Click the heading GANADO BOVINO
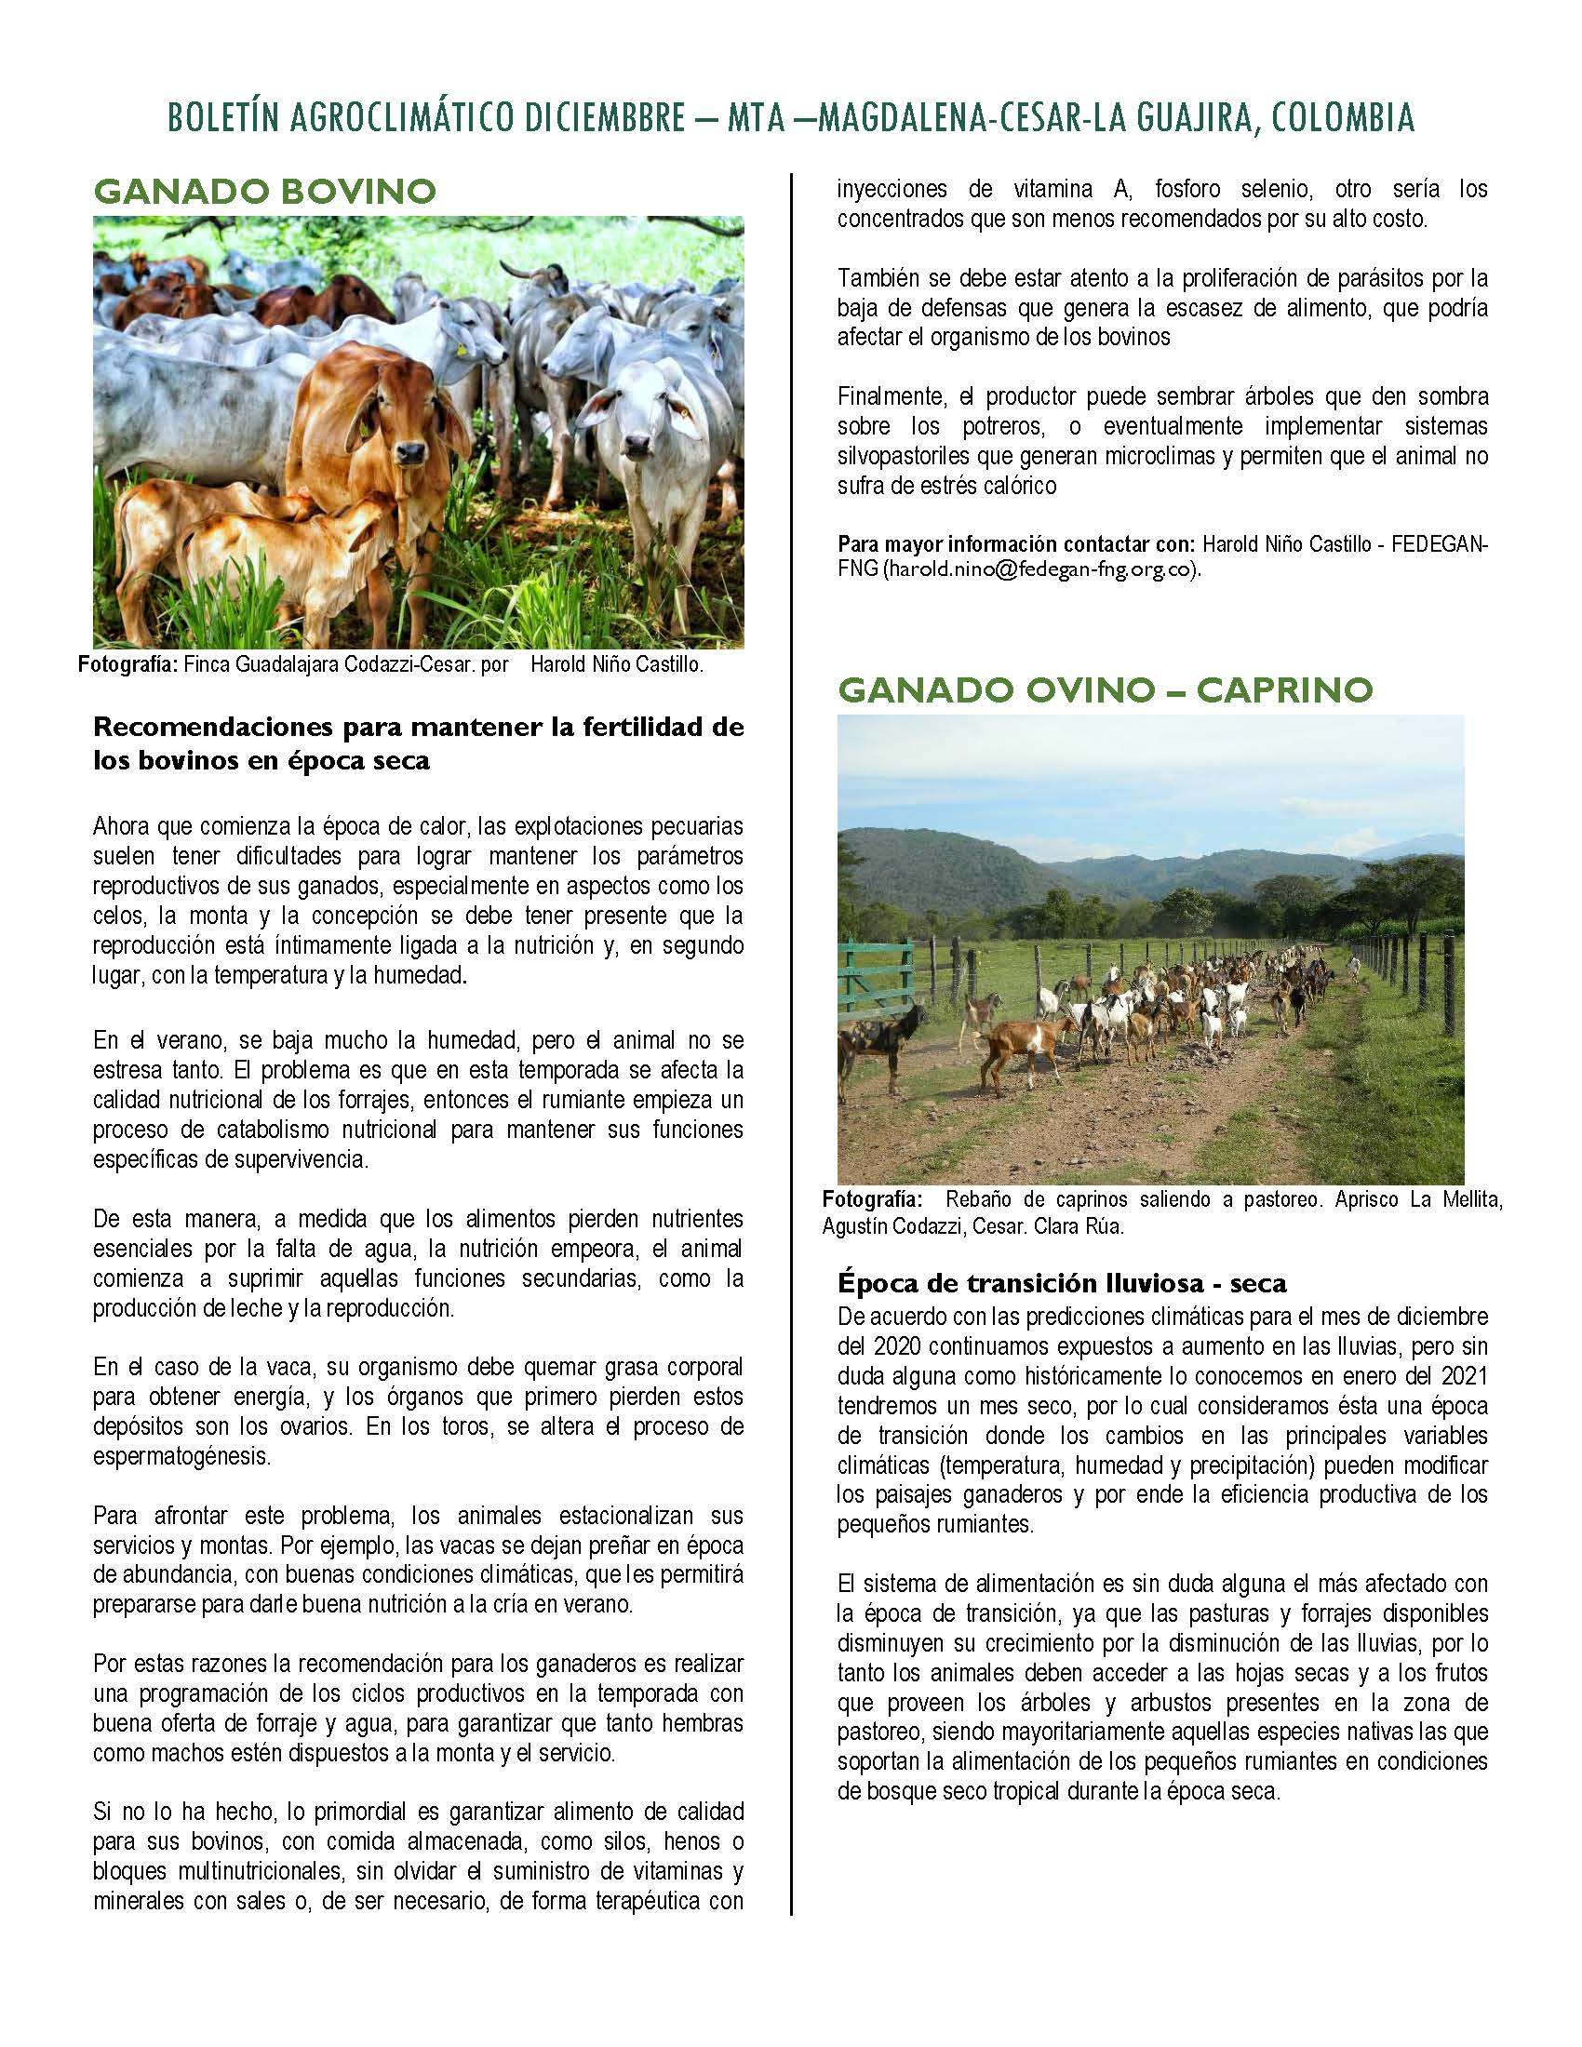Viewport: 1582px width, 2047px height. coord(264,193)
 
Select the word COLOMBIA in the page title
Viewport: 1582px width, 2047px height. coord(1344,119)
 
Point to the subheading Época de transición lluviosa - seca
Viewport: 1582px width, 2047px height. coord(1062,1283)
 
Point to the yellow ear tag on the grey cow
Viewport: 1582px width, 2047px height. coord(461,348)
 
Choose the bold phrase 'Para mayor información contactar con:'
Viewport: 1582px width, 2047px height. coord(1016,544)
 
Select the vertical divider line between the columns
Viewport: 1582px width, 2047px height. coord(792,1031)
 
